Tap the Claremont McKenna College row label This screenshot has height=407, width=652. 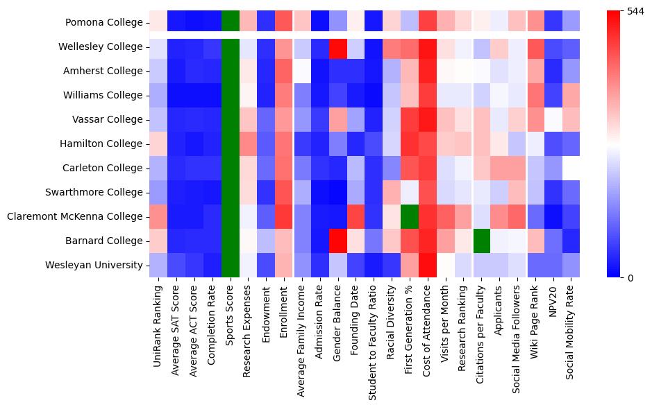74,216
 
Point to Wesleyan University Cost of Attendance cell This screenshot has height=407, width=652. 428,265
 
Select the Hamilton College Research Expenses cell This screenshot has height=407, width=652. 248,144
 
